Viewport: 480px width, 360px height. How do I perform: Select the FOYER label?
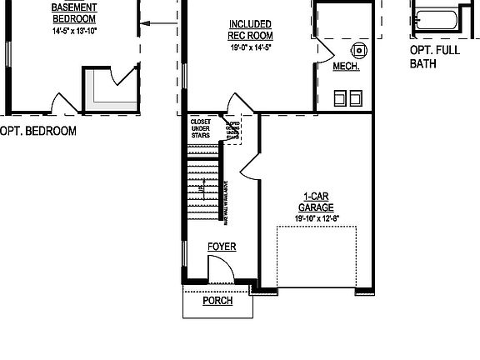click(x=222, y=247)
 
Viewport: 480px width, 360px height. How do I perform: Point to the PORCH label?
click(x=217, y=301)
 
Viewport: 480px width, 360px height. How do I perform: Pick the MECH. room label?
click(x=346, y=67)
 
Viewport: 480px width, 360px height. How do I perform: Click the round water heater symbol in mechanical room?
click(x=358, y=48)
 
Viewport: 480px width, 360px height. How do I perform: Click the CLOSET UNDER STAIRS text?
click(x=200, y=128)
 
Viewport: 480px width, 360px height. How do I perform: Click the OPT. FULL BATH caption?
click(x=434, y=56)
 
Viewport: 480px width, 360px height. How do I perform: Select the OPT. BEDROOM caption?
click(x=38, y=131)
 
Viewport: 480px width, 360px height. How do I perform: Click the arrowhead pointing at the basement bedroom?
click(x=143, y=24)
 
